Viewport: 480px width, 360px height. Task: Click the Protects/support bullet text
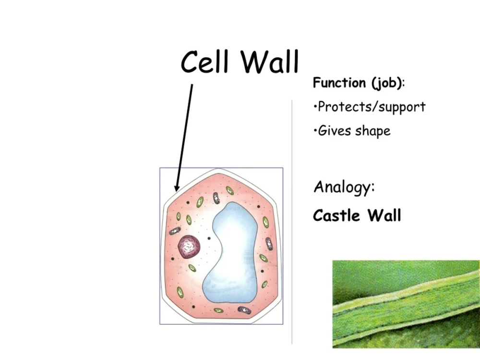[x=371, y=107]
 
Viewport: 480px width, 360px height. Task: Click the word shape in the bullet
[x=373, y=131]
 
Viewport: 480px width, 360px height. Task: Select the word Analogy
[x=344, y=187]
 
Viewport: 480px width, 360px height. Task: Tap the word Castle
[x=336, y=216]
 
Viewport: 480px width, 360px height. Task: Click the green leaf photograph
[x=406, y=304]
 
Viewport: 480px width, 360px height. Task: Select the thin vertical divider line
[x=292, y=221]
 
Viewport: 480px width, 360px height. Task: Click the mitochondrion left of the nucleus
[x=175, y=231]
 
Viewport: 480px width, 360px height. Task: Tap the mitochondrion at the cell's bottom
[x=245, y=310]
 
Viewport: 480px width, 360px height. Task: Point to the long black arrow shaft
[x=185, y=134]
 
